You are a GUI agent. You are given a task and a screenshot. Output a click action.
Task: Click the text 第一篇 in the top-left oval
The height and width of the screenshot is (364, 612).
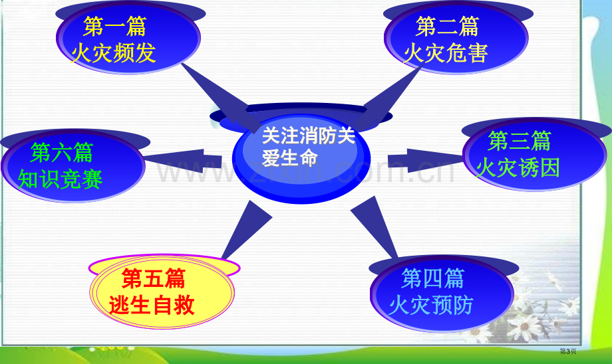[x=114, y=27]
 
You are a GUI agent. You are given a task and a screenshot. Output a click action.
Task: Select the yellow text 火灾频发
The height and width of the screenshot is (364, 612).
[x=114, y=52]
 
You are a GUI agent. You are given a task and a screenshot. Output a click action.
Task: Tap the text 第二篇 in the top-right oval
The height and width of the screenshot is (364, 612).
[x=447, y=27]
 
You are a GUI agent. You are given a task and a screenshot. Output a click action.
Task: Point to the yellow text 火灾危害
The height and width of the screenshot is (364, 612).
[x=446, y=52]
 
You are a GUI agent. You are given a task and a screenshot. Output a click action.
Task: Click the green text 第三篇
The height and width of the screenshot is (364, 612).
[x=520, y=141]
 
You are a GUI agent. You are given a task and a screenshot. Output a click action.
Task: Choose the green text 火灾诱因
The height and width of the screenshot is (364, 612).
[x=518, y=167]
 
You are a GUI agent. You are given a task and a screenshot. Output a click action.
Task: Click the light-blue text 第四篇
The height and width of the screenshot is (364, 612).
[x=433, y=278]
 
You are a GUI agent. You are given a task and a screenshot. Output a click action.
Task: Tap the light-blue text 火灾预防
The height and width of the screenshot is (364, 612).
[x=431, y=305]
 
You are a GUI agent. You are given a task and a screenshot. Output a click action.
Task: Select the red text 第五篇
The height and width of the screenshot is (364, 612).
[x=154, y=278]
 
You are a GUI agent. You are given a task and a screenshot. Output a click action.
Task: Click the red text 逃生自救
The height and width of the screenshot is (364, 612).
[x=152, y=305]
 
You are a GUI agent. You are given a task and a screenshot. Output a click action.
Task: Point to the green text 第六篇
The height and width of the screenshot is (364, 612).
[x=62, y=152]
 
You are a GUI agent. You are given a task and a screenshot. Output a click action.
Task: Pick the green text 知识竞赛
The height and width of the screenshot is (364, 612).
[x=60, y=179]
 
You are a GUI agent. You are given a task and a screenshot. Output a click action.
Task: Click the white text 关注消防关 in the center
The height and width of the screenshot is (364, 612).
[x=309, y=136]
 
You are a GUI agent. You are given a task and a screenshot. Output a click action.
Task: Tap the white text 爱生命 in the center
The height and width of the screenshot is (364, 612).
[x=289, y=158]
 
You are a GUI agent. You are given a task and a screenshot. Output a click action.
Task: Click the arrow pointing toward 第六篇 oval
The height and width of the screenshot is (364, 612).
[x=183, y=161]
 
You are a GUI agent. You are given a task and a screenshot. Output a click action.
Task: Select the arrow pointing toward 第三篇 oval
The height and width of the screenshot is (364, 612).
[x=426, y=161]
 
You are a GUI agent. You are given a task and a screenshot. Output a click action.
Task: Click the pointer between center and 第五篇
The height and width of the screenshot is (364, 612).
[x=245, y=230]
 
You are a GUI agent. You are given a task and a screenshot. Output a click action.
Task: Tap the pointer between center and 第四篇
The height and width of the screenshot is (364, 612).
[x=375, y=226]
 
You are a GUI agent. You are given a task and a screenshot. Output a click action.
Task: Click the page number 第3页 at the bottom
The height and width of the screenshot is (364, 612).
[x=568, y=351]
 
